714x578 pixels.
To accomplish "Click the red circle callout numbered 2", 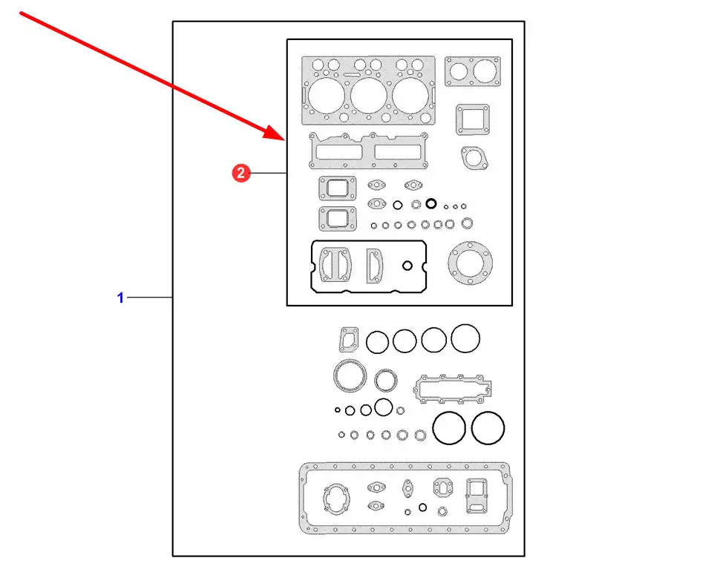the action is [240, 174].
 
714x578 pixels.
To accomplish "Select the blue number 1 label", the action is [119, 298].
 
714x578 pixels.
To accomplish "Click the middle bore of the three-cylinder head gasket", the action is [367, 96].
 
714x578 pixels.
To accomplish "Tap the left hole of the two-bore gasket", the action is [459, 72].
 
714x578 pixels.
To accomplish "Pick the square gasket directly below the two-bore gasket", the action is [472, 120].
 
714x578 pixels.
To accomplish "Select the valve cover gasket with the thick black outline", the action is [368, 266].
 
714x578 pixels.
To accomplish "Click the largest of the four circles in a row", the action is [465, 339].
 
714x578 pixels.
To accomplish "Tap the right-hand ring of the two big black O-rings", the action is [488, 428].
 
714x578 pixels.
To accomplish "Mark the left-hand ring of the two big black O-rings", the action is [449, 428].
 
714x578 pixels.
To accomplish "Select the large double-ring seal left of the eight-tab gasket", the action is [350, 375].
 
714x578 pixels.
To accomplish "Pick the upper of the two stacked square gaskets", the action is [337, 188].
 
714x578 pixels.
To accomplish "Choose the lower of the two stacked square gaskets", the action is [337, 219].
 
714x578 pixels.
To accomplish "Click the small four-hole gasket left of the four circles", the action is [347, 340].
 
